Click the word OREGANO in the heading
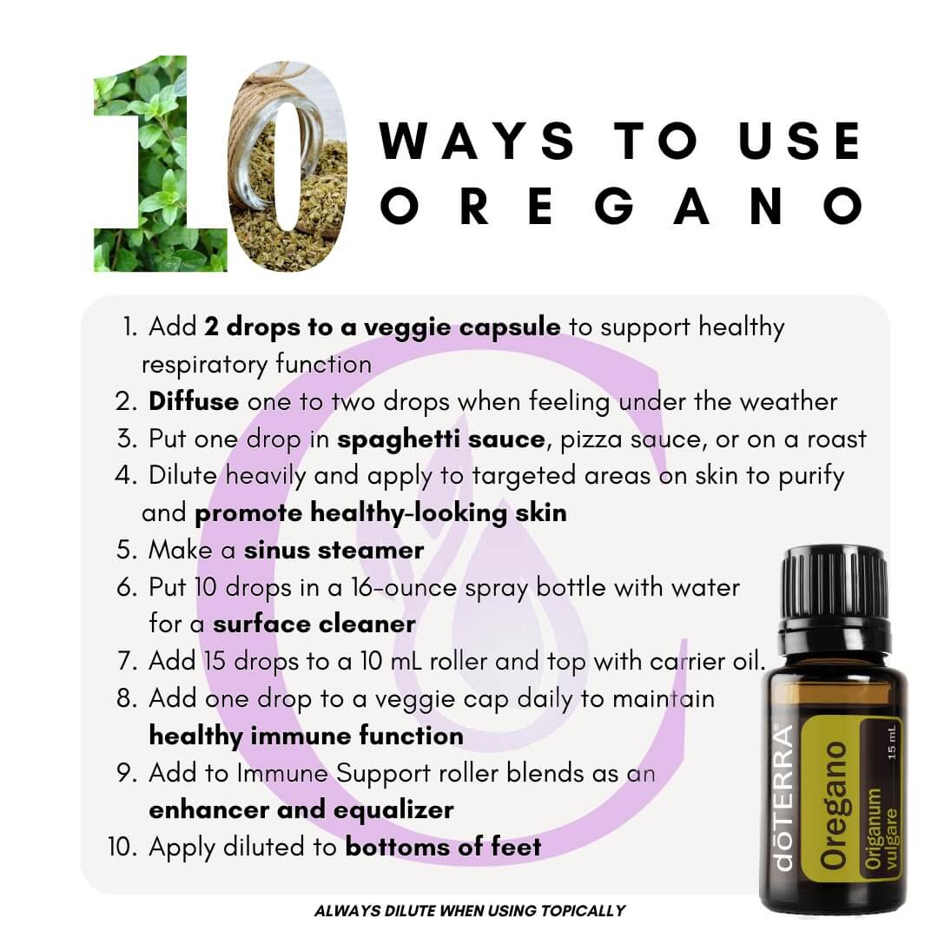click(x=622, y=206)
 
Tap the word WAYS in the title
click(x=477, y=142)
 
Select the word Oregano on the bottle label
click(x=834, y=806)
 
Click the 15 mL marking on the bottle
click(x=892, y=743)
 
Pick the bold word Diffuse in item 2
click(x=194, y=401)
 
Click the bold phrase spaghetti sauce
click(x=441, y=439)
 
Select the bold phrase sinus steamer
click(x=334, y=551)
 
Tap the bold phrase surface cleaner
click(x=314, y=624)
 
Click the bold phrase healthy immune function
click(x=307, y=736)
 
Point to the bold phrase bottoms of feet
click(x=443, y=847)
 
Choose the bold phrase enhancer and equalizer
click(x=301, y=810)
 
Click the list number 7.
click(x=128, y=662)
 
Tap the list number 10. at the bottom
click(x=122, y=847)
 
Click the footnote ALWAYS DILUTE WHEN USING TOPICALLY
click(x=470, y=911)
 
